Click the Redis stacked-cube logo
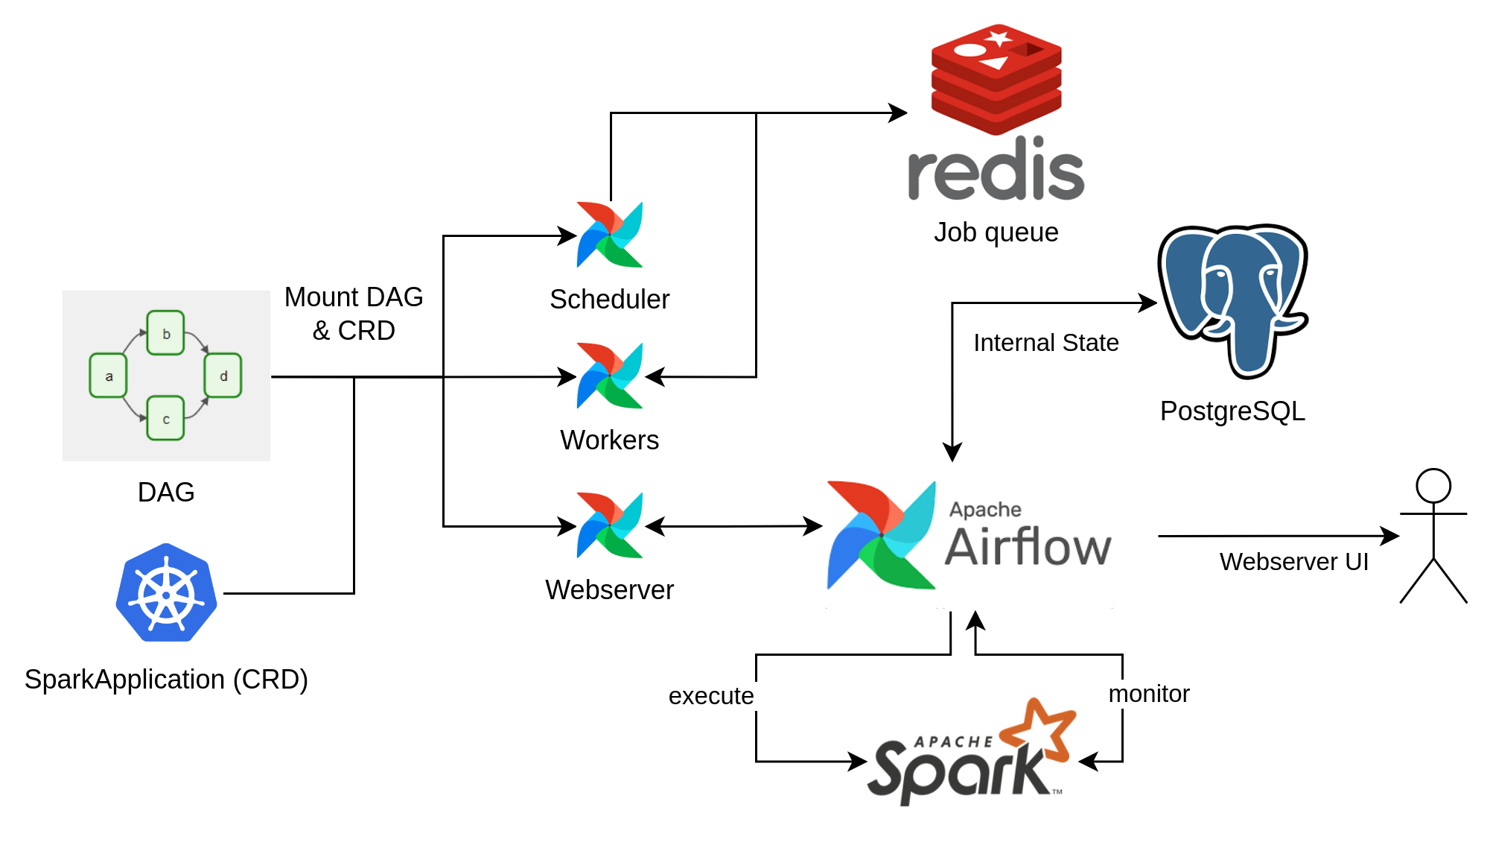tap(996, 78)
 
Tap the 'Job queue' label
tap(996, 233)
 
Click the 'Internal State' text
tap(1045, 343)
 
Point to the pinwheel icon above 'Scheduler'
tap(609, 235)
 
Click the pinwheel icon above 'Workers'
tap(609, 376)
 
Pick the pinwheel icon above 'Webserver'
tap(609, 525)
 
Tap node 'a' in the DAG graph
tap(109, 376)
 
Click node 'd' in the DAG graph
tap(223, 376)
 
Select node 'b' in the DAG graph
tap(166, 333)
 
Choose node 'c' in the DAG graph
tap(166, 419)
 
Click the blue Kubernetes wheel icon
tap(166, 593)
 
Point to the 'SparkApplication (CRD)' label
tap(166, 680)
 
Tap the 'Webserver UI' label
tap(1293, 562)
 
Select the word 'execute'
tap(711, 696)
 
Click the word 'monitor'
tap(1149, 694)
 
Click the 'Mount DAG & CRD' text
tap(354, 314)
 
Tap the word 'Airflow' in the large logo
tap(1028, 547)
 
